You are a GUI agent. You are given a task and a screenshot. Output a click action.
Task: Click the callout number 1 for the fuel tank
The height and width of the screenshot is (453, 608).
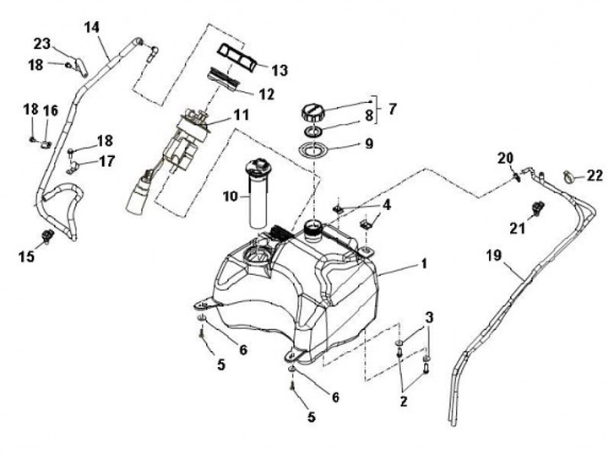coord(424,263)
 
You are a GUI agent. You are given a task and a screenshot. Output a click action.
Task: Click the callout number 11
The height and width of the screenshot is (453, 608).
coord(241,115)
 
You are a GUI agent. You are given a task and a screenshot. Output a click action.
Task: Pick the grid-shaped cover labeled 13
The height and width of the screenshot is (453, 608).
coord(237,57)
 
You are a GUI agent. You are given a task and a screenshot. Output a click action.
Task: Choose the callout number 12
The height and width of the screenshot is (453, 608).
coord(266,94)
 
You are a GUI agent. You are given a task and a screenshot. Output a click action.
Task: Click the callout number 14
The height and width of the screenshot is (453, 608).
coord(91,27)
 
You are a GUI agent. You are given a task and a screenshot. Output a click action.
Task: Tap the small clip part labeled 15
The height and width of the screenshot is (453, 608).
coord(47,236)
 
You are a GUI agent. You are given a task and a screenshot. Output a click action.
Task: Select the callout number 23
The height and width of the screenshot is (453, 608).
coord(42,43)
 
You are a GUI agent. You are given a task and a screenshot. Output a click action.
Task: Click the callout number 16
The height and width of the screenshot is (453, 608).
coord(50,111)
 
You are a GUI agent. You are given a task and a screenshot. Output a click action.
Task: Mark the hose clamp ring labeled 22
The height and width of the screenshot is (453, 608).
coord(568,176)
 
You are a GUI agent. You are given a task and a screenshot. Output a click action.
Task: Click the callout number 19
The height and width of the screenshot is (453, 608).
coord(494,256)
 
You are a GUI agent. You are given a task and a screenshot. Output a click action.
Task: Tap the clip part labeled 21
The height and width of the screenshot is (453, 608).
coord(537,208)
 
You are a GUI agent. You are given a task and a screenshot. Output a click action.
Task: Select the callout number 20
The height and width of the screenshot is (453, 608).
coord(506,158)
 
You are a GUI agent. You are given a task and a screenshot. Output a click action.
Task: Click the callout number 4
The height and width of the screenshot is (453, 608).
coord(387,205)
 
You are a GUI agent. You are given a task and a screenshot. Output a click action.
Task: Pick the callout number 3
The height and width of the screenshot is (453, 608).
coord(429,318)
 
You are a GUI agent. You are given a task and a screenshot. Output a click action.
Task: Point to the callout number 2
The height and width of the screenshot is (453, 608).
coord(404,401)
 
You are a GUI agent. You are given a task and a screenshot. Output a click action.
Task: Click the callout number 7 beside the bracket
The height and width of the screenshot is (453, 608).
coord(393,109)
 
